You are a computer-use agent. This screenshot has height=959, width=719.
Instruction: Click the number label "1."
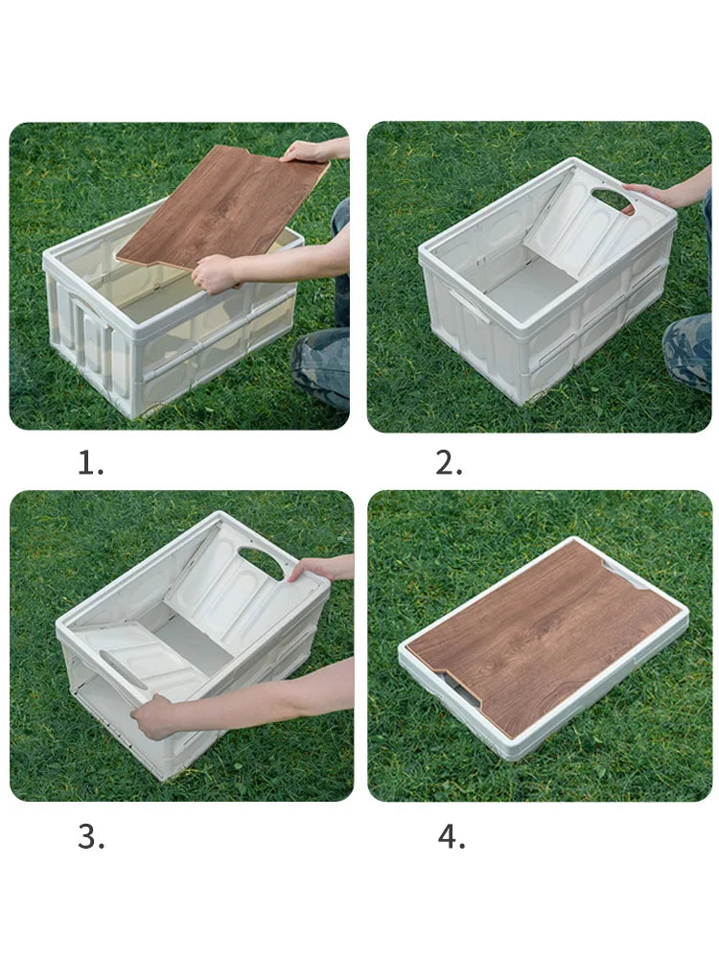click(x=90, y=463)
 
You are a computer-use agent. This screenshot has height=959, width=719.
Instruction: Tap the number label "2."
click(x=449, y=463)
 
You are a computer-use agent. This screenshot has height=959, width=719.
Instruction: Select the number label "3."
click(x=91, y=836)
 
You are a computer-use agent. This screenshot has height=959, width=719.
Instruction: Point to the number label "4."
click(x=452, y=836)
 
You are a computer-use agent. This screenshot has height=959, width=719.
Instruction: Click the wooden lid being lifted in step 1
click(x=220, y=206)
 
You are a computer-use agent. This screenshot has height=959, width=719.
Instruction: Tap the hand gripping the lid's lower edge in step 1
click(x=214, y=273)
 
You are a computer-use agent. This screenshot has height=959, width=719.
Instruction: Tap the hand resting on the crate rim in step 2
click(x=650, y=194)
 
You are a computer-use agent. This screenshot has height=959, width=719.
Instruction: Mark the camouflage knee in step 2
click(x=688, y=350)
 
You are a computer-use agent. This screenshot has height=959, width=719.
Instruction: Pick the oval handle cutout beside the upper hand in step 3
click(x=261, y=561)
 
